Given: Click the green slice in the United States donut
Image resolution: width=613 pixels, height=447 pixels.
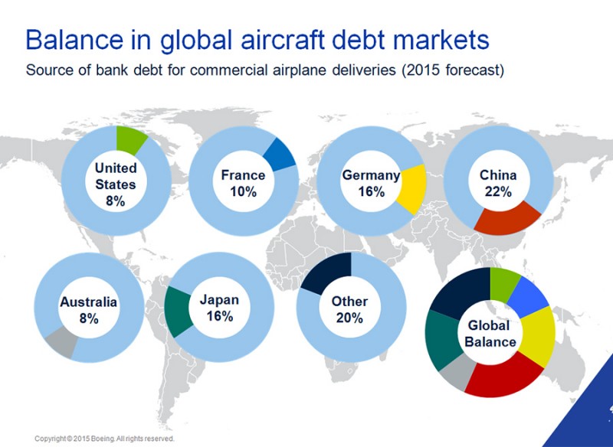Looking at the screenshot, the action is click(x=129, y=139).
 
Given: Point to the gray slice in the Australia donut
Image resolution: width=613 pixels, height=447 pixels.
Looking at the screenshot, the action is click(x=61, y=342).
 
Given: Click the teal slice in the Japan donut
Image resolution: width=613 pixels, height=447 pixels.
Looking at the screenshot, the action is click(x=178, y=312).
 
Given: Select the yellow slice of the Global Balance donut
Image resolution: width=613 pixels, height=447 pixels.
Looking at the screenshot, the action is click(x=539, y=337).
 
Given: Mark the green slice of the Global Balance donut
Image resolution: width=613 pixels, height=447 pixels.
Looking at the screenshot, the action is click(x=505, y=284).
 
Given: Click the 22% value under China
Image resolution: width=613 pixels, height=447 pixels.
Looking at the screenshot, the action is click(x=499, y=191).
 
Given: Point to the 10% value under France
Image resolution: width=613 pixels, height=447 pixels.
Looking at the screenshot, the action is click(x=243, y=191).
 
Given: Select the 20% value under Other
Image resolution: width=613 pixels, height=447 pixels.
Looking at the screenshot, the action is click(x=349, y=318).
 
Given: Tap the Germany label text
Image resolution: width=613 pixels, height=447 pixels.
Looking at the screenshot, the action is click(x=371, y=175).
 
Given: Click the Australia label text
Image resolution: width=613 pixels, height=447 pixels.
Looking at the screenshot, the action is click(x=88, y=302).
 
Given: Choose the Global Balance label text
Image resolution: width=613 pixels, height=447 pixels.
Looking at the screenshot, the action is click(x=490, y=334).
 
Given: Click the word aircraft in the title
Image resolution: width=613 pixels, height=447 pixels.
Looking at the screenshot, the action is click(x=283, y=40).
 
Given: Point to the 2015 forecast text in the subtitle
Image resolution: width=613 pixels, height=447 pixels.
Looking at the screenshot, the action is click(x=453, y=70).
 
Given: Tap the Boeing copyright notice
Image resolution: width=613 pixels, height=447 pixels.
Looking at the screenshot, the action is click(x=104, y=439).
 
